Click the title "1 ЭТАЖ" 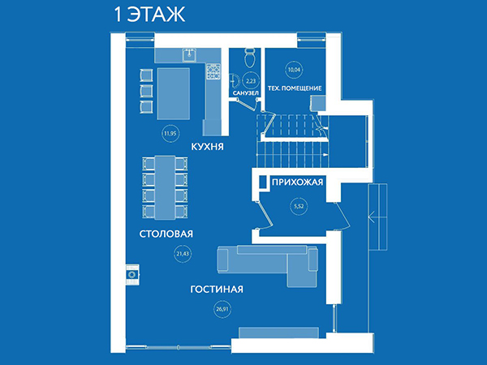[x=149, y=15]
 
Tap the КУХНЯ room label [x=207, y=147]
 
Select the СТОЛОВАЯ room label [x=166, y=234]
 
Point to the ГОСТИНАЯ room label [x=217, y=290]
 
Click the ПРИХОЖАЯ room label [x=297, y=182]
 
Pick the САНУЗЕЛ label [x=246, y=93]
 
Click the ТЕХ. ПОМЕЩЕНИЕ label [x=295, y=88]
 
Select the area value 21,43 [x=183, y=254]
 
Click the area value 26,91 [x=222, y=309]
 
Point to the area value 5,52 [x=299, y=206]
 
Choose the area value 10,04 [x=294, y=70]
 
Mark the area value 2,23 [x=251, y=81]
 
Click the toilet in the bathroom [x=250, y=58]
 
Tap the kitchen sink [x=189, y=54]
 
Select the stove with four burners [x=213, y=71]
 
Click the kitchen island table [x=174, y=94]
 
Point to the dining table [x=165, y=187]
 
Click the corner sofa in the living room [x=268, y=265]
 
